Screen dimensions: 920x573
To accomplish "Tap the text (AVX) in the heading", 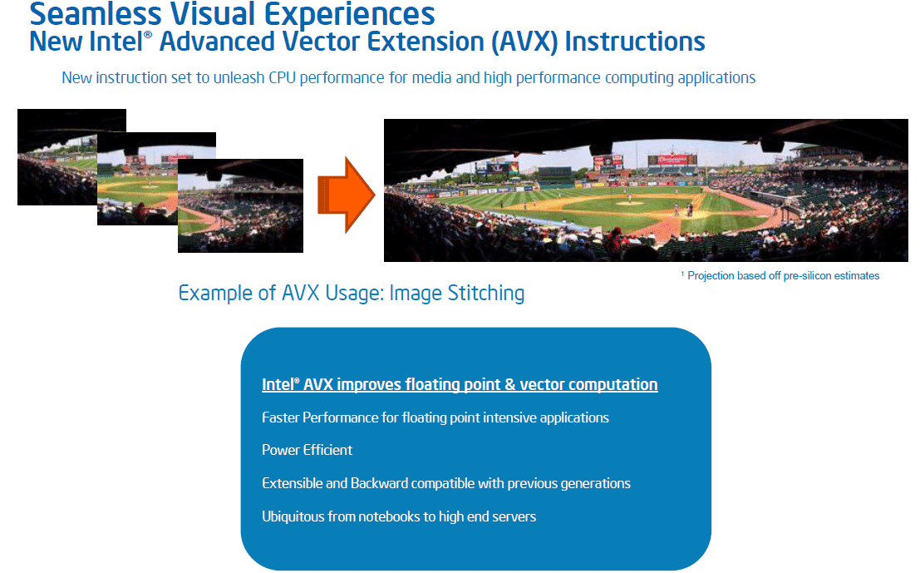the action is pos(524,42).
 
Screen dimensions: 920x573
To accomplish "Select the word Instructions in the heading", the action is pos(635,42).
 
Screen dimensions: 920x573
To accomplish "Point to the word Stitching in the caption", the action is pos(486,293).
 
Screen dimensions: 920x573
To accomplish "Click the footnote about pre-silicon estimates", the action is pos(780,275).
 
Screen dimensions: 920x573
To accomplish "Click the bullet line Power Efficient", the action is pos(307,450).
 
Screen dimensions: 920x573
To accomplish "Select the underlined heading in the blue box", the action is pos(460,384).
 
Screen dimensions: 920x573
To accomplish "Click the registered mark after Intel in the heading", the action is pos(148,34).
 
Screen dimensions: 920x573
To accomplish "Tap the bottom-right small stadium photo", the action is pos(240,205).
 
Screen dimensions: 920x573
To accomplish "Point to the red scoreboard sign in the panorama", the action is pos(672,159).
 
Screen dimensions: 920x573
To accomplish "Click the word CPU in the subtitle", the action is pos(282,77).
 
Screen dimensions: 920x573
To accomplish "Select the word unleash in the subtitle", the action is pos(239,77).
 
